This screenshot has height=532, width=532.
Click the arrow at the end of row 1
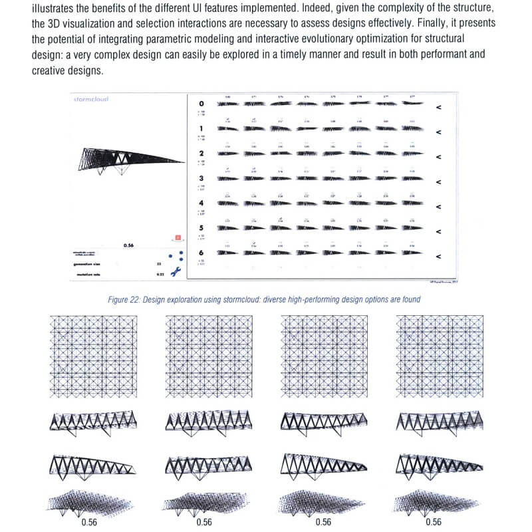pos(438,132)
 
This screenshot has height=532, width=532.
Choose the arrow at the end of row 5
pos(438,231)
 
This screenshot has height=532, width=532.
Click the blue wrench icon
pos(176,271)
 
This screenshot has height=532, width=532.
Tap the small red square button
pos(178,237)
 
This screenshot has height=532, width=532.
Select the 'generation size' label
pos(91,263)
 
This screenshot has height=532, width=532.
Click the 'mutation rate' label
pos(91,273)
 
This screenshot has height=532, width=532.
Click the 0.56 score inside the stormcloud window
pos(129,245)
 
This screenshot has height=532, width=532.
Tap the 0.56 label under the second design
pos(204,522)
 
